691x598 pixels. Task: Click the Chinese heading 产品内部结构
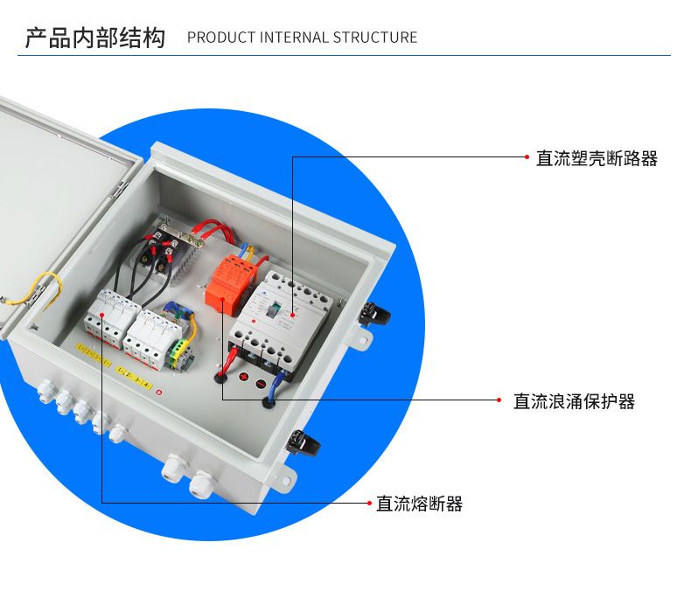tap(94, 38)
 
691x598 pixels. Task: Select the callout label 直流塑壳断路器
tap(597, 158)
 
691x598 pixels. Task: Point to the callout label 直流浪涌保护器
tap(574, 401)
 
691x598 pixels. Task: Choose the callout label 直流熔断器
tap(419, 504)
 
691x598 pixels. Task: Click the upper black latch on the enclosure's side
tap(376, 313)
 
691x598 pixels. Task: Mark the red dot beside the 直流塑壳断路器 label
tap(527, 157)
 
